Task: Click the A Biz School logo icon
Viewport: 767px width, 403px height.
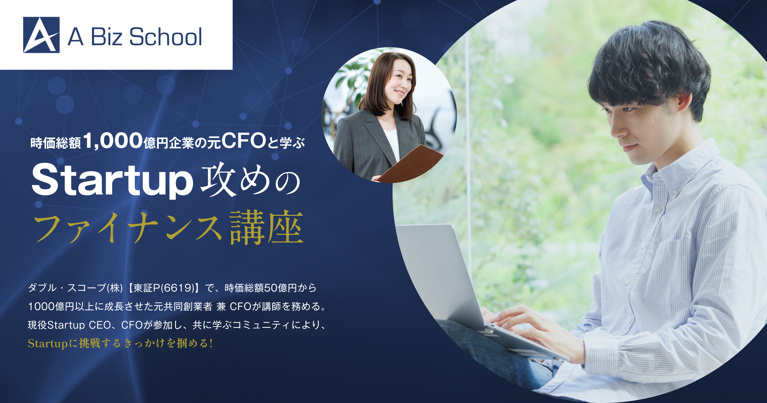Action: pyautogui.click(x=42, y=35)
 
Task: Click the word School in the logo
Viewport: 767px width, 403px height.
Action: pyautogui.click(x=166, y=37)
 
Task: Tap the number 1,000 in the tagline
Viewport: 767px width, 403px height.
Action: pyautogui.click(x=113, y=141)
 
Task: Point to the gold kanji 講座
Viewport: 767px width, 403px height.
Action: pyautogui.click(x=266, y=227)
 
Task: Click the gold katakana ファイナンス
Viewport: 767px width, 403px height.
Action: pyautogui.click(x=128, y=228)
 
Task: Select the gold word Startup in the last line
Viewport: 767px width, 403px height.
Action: pyautogui.click(x=48, y=344)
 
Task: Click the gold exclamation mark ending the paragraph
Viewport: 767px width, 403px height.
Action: pyautogui.click(x=211, y=344)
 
